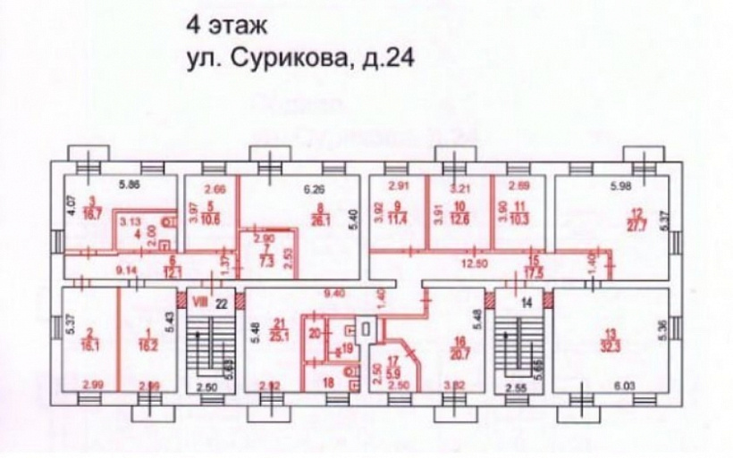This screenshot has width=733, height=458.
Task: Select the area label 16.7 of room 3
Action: tap(94, 214)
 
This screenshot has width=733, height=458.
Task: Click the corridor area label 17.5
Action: tap(536, 265)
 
